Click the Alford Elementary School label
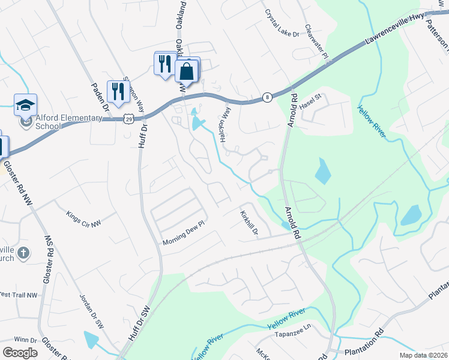pos(60,122)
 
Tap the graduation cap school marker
pos(25,106)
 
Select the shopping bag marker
pos(187,71)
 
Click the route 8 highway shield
pos(267,97)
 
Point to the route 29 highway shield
pos(129,119)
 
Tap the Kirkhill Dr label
pos(249,223)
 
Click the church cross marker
pos(23,253)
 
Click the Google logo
pos(20,352)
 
